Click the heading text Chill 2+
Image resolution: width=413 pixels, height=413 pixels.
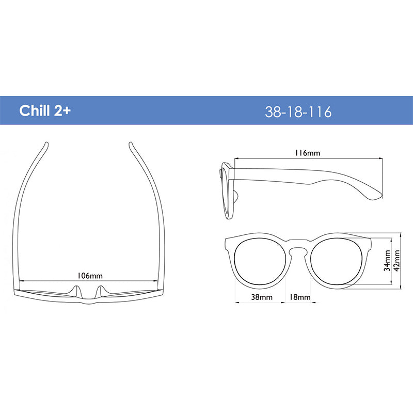45,110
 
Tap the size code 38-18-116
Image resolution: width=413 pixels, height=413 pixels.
298,112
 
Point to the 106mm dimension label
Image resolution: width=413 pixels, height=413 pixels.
90,276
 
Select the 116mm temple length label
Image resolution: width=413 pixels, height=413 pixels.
307,153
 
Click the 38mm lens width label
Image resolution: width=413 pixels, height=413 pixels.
262,297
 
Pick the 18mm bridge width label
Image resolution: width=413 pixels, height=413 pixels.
300,297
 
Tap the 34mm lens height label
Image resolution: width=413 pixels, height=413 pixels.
387,261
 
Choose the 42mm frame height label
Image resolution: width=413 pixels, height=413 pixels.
396,260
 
